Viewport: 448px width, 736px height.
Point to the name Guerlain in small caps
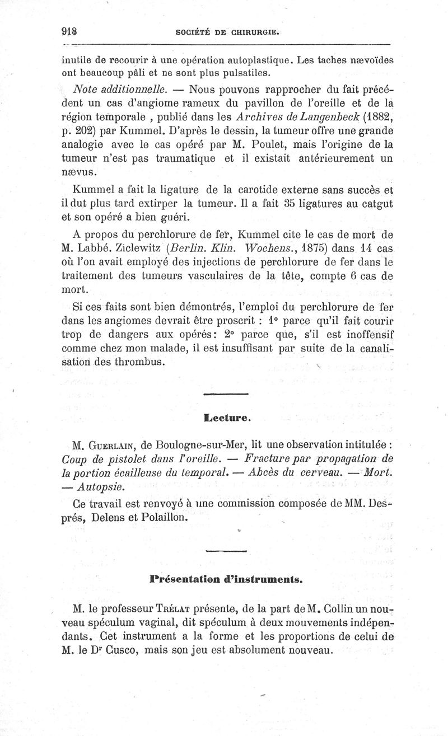coord(112,446)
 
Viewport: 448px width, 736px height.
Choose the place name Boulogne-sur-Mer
coord(193,446)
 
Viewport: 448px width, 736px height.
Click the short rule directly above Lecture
coord(226,396)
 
